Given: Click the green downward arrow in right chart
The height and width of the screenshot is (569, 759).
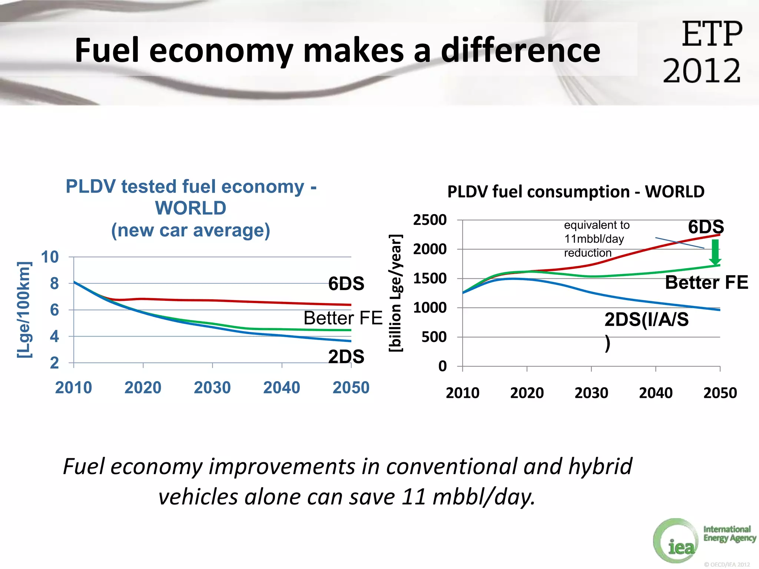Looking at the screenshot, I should tap(715, 252).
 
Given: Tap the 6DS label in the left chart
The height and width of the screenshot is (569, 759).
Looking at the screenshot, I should tap(346, 284).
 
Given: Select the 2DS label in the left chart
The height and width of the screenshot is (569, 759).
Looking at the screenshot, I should tap(346, 356).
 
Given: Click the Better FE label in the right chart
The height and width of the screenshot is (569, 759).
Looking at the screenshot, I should tap(706, 283).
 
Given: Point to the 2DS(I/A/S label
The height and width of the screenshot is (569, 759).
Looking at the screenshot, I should tap(646, 319).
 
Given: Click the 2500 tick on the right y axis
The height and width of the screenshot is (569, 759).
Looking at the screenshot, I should tap(430, 220).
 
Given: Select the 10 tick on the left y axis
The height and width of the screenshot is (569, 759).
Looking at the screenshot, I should tap(50, 257).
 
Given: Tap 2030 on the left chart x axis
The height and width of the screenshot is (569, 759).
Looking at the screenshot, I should tap(212, 388).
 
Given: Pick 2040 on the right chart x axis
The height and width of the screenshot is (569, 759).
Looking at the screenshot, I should tap(656, 393).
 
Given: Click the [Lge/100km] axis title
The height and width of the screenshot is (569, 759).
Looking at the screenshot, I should tap(24, 310).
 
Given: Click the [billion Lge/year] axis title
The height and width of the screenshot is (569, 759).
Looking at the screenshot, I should tap(395, 293).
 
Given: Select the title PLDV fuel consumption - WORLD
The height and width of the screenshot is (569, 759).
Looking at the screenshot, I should tap(576, 192).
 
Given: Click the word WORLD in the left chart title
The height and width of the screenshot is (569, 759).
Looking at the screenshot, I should tap(190, 208).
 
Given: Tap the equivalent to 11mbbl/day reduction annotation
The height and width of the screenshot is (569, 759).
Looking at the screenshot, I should tap(597, 239).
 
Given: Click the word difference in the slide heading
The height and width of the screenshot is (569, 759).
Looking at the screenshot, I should tap(520, 50).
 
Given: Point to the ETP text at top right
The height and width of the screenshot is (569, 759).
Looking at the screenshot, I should tap(712, 34).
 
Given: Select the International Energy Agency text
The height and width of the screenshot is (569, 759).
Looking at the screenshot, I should tap(729, 534).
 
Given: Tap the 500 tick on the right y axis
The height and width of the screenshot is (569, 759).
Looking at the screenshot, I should tap(434, 337).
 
